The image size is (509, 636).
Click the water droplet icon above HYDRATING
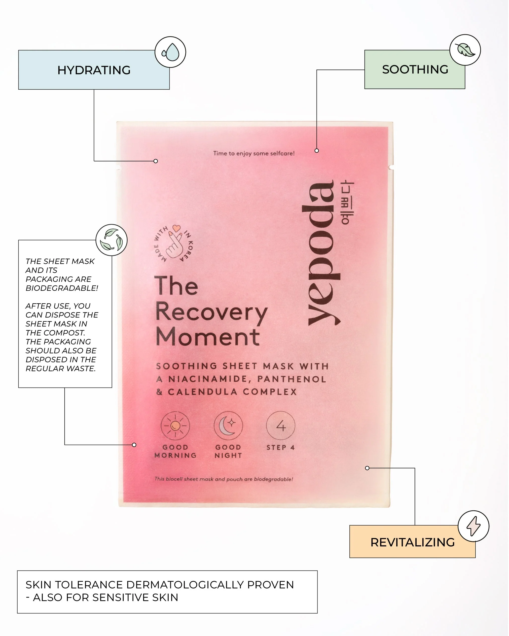coord(170,52)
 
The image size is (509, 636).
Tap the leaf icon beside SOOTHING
coord(465,50)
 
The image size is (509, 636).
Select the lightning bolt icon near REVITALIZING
coord(473,526)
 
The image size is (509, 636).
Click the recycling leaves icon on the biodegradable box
coord(111,240)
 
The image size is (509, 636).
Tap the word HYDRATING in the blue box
coord(94,70)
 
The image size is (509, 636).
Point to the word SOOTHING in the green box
coord(415,70)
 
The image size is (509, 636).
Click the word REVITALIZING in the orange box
coord(412,542)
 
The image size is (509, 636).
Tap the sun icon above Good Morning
coord(175,426)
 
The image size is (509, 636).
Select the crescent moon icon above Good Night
coord(228,426)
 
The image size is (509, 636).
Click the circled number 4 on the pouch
coord(281,426)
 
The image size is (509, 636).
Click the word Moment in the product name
coord(208,337)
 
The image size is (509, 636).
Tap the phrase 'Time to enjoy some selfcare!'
coord(254,153)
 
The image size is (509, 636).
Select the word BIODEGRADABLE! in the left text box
coord(62,288)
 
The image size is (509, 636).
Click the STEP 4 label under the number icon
coord(281,448)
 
